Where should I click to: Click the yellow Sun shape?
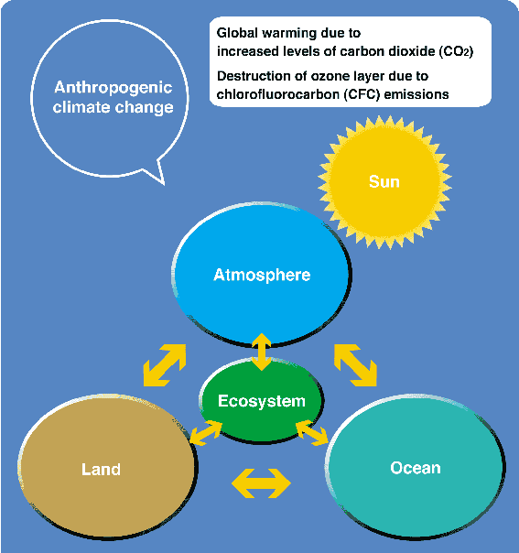tap(384, 182)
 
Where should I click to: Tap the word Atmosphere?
tap(262, 275)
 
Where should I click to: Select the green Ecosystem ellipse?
tap(261, 400)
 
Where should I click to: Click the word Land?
tap(102, 470)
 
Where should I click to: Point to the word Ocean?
tap(416, 468)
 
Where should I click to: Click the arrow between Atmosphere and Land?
tap(165, 365)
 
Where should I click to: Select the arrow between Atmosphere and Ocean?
tap(355, 365)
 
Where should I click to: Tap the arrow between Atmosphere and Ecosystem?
tap(261, 352)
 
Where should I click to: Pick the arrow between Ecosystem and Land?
tap(206, 433)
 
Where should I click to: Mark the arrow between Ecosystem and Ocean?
tap(312, 433)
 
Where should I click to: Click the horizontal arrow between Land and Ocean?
tap(261, 483)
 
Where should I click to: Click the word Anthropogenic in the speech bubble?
tap(114, 88)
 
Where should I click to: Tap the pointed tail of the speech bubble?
tap(164, 184)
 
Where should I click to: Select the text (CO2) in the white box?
tap(456, 51)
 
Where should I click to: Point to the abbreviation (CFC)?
tap(360, 94)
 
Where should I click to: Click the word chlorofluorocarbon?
tap(276, 94)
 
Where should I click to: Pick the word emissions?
tap(416, 94)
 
